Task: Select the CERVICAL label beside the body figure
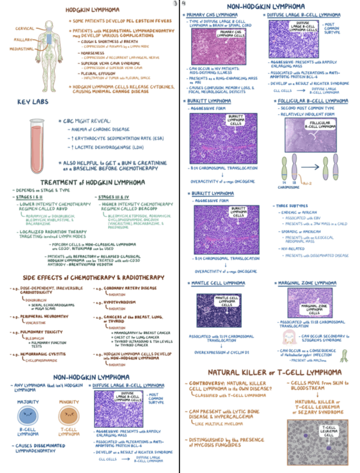click(x=25, y=28)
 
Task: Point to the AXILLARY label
click(x=23, y=40)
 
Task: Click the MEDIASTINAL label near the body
click(x=21, y=49)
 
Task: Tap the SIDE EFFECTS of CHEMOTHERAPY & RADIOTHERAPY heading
click(x=93, y=277)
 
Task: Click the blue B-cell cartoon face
click(x=28, y=415)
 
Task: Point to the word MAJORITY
click(x=28, y=402)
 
